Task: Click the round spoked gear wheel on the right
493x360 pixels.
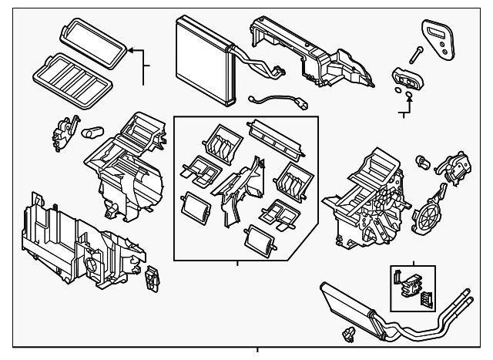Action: click(428, 216)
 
